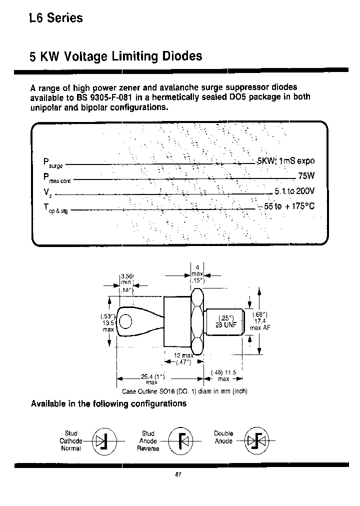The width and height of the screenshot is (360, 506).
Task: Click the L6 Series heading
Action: pyautogui.click(x=55, y=18)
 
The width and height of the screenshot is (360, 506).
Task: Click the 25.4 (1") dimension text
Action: pyautogui.click(x=145, y=376)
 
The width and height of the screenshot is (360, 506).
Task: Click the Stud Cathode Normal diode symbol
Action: pyautogui.click(x=105, y=441)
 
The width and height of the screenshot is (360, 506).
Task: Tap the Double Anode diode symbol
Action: pyautogui.click(x=257, y=441)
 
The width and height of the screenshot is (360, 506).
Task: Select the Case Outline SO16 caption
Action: pyautogui.click(x=185, y=391)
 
